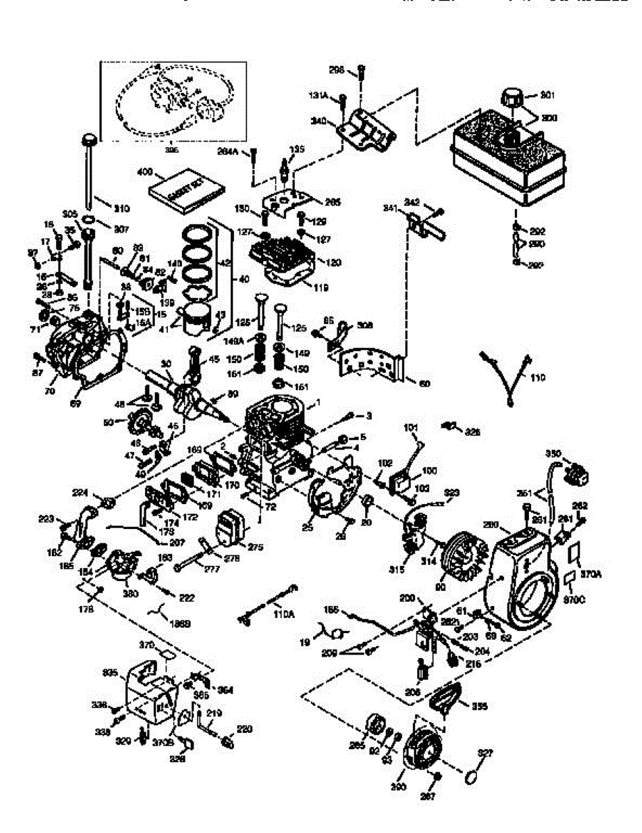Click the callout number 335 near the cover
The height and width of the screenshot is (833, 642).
(x=110, y=673)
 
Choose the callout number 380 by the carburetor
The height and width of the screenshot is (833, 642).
(x=130, y=594)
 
